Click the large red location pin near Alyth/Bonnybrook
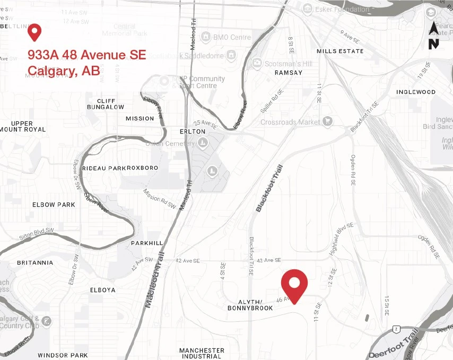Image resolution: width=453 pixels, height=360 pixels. [x=294, y=284]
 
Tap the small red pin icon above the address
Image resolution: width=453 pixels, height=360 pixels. [x=35, y=32]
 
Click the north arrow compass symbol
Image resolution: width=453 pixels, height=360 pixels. [x=433, y=36]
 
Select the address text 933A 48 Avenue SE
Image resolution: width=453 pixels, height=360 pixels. [x=86, y=55]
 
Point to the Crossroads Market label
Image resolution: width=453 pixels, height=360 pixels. [x=290, y=122]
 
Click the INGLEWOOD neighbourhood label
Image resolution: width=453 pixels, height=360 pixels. [x=416, y=92]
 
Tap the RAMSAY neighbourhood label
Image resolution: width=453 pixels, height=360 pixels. [x=289, y=73]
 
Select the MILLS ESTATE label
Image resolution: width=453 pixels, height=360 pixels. [x=340, y=51]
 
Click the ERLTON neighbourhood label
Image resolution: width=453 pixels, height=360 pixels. [x=193, y=131]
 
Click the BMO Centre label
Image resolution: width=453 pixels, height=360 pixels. [x=232, y=38]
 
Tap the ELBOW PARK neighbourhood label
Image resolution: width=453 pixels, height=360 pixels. [x=54, y=205]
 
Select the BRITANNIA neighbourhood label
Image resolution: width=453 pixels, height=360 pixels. [x=35, y=262]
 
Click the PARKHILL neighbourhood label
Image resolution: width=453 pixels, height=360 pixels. [x=147, y=243]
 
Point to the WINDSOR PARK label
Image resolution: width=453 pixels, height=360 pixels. [x=63, y=355]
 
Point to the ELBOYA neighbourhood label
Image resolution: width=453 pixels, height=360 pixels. [x=103, y=290]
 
